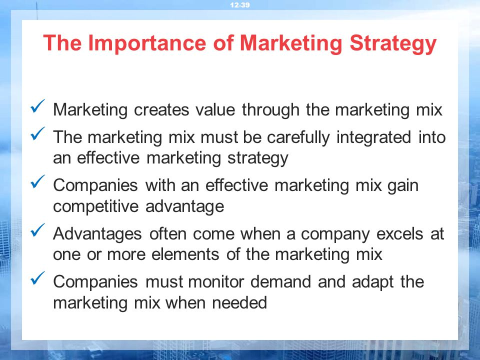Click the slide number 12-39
tap(239, 5)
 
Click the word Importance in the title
tap(147, 42)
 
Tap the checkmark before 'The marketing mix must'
tap(37, 134)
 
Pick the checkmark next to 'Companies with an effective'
tap(37, 181)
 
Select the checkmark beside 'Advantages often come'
tap(37, 230)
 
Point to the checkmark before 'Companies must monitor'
tap(37, 278)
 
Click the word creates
tap(161, 110)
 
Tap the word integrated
tap(374, 137)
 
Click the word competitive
tap(96, 206)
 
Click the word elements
tap(185, 254)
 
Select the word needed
tap(239, 302)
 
